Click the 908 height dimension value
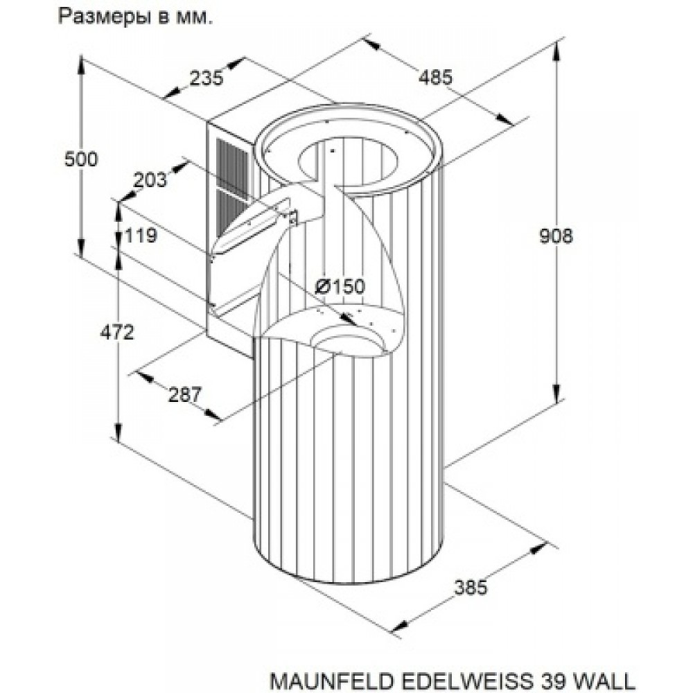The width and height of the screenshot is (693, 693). (x=556, y=236)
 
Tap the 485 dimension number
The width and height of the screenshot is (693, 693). (x=435, y=77)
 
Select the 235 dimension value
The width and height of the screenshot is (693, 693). (x=206, y=78)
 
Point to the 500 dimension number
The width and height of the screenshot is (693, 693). (x=80, y=159)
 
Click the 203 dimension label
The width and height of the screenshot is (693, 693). (x=150, y=180)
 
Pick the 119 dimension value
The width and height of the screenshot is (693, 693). (x=141, y=236)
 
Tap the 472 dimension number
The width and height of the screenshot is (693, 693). (x=116, y=333)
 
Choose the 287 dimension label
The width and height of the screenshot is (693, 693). (x=184, y=395)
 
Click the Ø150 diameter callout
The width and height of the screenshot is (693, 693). (x=339, y=286)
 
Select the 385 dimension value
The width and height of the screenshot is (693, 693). (x=471, y=587)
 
